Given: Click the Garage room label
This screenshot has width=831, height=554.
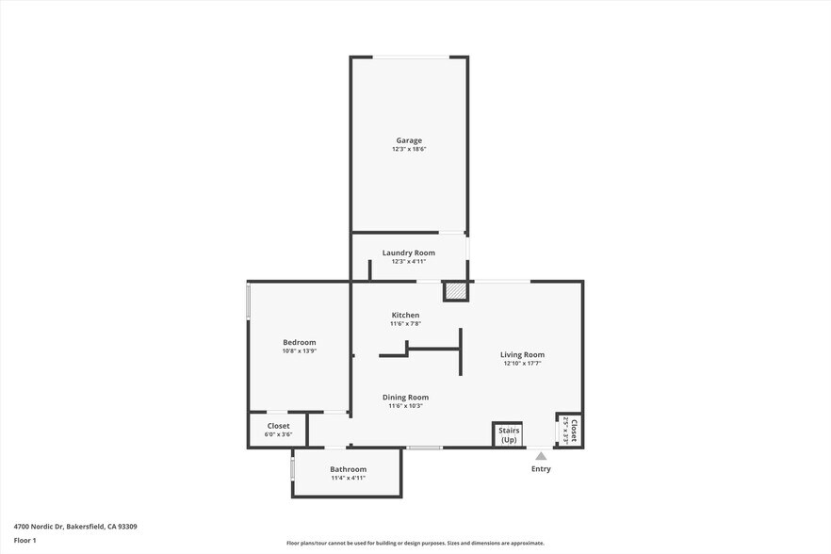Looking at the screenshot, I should pos(409,140).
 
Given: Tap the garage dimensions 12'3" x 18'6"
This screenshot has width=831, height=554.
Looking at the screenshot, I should pos(409,150).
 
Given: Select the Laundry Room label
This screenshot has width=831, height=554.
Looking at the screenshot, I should pos(409,253).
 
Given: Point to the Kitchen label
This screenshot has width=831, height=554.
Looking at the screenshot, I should pos(405,315).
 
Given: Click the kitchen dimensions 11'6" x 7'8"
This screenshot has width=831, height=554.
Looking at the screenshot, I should pos(405,324).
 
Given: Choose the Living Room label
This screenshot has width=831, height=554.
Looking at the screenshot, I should pos(522,354).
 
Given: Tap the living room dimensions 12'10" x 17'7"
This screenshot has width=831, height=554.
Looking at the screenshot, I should pos(522,364).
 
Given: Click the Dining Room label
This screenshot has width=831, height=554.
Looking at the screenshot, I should pos(405,397).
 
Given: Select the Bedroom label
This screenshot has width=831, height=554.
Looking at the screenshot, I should pos(300,342).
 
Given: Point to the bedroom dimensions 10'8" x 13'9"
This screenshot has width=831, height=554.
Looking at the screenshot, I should pos(300,351).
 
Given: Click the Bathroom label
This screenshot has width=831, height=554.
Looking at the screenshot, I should pos(348,469).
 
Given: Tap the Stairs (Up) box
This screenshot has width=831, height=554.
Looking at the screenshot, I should pos(509,435).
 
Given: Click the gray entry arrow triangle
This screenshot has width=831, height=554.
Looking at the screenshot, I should pos(541,456).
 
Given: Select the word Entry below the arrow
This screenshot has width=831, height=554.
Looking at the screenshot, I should pos(541,469).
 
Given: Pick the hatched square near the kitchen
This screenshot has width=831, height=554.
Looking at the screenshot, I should pos(456,292).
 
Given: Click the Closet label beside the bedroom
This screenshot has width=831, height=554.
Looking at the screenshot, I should pos(278,426).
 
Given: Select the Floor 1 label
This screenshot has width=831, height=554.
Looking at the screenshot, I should pos(24,540).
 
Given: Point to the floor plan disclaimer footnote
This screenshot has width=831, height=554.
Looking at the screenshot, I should pos(415,543).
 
